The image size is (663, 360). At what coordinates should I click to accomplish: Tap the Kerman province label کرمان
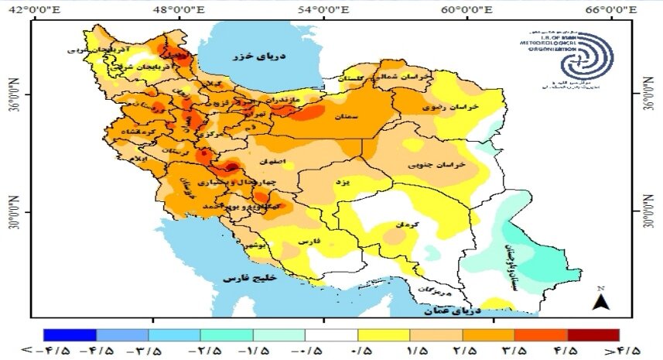click(407, 224)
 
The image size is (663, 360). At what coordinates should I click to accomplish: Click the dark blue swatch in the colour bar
click(70, 335)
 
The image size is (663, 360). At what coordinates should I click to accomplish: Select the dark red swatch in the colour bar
click(593, 335)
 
